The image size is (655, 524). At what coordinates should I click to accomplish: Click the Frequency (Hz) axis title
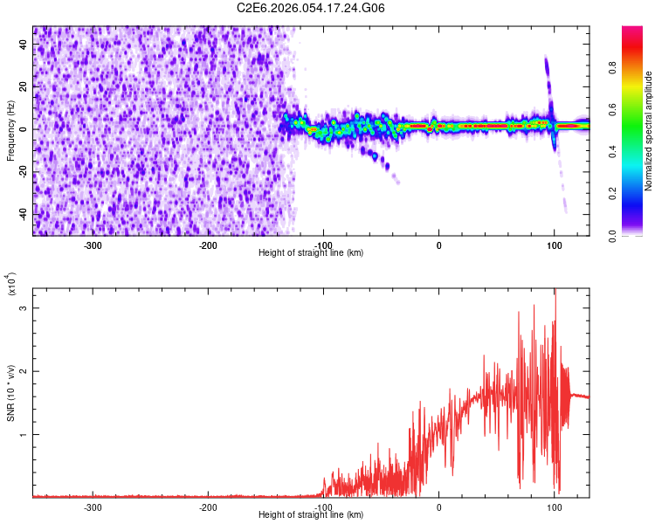point(10,131)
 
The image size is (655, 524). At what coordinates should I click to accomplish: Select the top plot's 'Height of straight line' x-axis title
point(311,253)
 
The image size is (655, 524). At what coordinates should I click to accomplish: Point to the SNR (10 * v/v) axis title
point(10,393)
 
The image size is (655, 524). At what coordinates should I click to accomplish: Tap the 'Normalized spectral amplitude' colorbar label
point(649,131)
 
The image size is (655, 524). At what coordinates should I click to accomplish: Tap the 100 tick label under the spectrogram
point(554,245)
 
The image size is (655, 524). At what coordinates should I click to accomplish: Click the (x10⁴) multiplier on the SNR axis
point(12,284)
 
